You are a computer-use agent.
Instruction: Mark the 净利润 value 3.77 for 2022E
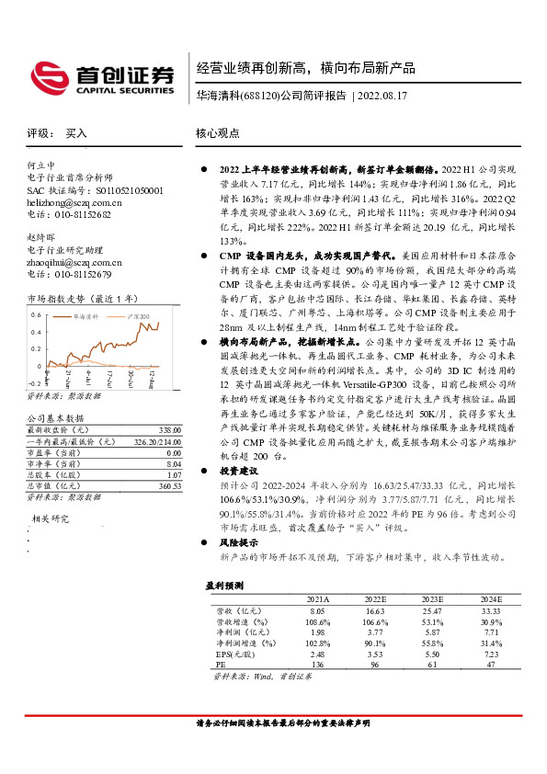coord(375,632)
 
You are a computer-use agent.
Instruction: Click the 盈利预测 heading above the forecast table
coord(223,585)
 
